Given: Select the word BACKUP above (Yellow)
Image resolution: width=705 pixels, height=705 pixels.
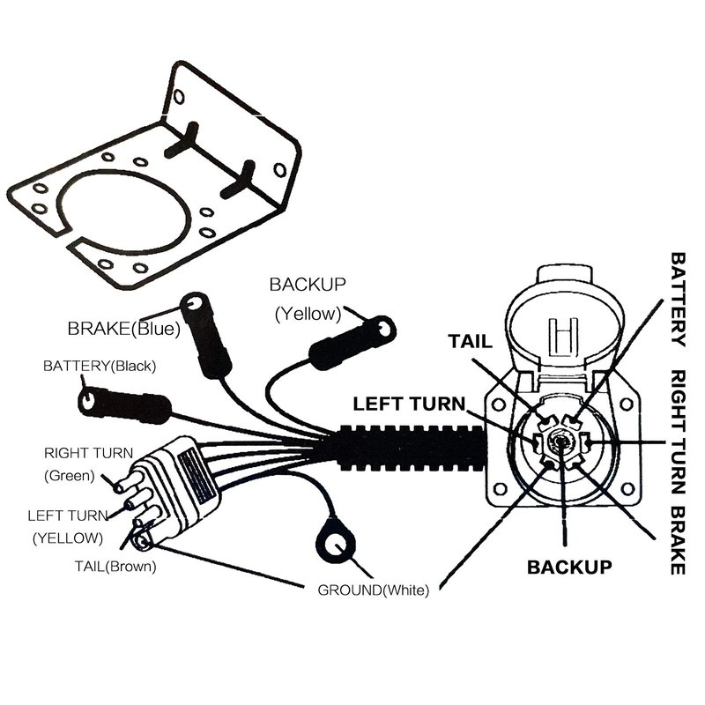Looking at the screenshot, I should click(308, 285).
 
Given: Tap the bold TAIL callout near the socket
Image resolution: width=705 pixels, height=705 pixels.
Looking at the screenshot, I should click(472, 341).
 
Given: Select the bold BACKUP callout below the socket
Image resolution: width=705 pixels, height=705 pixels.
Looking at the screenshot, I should click(568, 566).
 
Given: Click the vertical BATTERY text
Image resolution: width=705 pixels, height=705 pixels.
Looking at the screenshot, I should click(679, 300).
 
